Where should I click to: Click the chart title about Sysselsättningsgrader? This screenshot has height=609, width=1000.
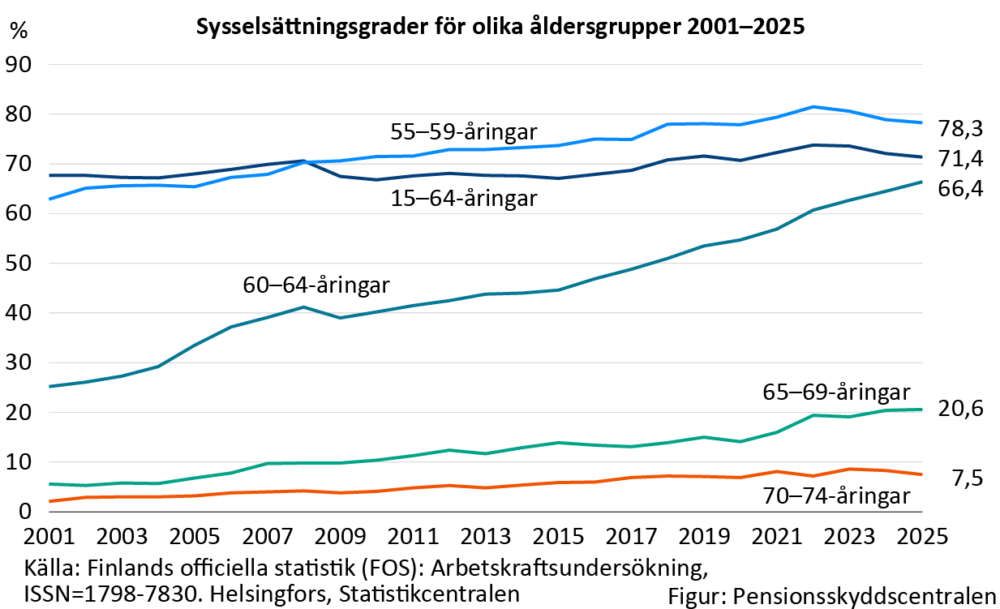pos(500,27)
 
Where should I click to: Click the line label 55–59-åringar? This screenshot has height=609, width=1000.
pos(465,131)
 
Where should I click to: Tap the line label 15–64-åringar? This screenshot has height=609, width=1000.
pos(464,198)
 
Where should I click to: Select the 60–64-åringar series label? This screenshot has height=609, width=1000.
pos(316,285)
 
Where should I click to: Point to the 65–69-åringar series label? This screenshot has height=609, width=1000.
pos(836,392)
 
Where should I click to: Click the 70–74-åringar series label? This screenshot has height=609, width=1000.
pos(836,495)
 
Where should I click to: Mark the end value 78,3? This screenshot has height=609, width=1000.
pos(961,128)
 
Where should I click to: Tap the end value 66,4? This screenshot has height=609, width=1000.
pos(961,190)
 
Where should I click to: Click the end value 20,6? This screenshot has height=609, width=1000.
pos(961,409)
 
